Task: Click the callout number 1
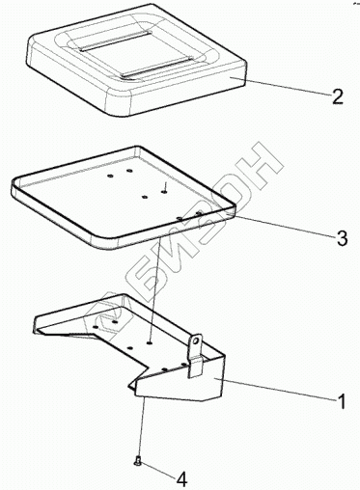(x=341, y=401)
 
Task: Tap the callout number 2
(x=337, y=96)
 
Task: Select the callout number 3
(x=342, y=238)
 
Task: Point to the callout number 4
(x=181, y=480)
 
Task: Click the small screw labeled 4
(x=138, y=462)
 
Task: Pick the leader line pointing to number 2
(x=281, y=86)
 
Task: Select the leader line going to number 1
(x=277, y=389)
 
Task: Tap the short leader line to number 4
(x=158, y=471)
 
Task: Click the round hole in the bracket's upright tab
(x=196, y=340)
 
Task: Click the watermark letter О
(x=230, y=197)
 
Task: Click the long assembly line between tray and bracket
(x=155, y=290)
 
